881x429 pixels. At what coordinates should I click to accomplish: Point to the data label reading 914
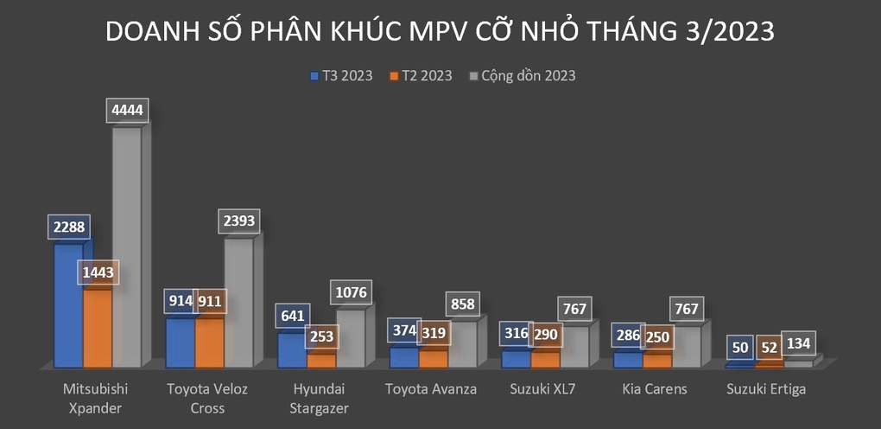(x=180, y=303)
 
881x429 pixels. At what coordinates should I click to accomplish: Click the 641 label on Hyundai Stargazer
(x=292, y=317)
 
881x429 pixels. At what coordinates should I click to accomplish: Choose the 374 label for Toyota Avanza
(x=403, y=330)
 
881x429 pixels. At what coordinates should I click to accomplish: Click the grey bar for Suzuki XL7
(x=574, y=346)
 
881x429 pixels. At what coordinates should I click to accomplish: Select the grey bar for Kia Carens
(x=686, y=346)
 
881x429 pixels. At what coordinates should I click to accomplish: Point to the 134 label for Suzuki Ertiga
(x=798, y=343)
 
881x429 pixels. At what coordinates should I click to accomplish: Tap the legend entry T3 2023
(x=342, y=75)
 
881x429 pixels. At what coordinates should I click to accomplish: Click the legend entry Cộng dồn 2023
(x=523, y=75)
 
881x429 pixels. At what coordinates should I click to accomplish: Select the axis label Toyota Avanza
(x=431, y=389)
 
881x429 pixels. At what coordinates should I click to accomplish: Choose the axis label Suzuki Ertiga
(x=767, y=389)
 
